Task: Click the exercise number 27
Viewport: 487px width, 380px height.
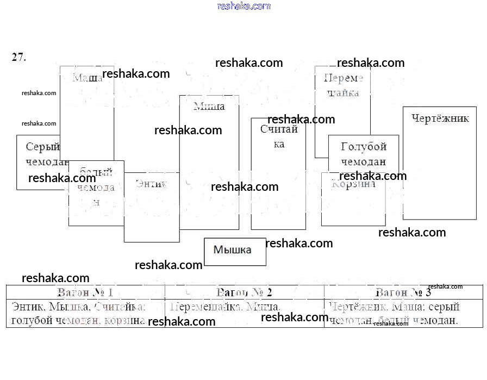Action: (18, 57)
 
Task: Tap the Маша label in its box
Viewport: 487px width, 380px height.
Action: (88, 78)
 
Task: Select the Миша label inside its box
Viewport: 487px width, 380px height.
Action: (209, 106)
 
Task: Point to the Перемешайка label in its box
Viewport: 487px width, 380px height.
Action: (343, 85)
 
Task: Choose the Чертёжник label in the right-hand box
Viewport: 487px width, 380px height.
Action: (440, 119)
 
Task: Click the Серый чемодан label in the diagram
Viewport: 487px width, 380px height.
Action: (45, 154)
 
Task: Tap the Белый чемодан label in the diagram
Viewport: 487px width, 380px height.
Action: (96, 188)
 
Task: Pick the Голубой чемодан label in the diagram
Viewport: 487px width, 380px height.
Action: (363, 154)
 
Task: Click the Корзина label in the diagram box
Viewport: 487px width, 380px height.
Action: (353, 184)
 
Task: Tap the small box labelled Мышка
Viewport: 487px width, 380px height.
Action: (233, 250)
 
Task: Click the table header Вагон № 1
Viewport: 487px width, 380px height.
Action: (85, 292)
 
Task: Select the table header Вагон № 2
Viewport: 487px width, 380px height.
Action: (244, 292)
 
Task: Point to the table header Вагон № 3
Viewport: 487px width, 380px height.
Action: (403, 292)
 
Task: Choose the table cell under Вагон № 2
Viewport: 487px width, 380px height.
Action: (244, 314)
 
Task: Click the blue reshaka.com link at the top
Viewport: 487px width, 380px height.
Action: (243, 6)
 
